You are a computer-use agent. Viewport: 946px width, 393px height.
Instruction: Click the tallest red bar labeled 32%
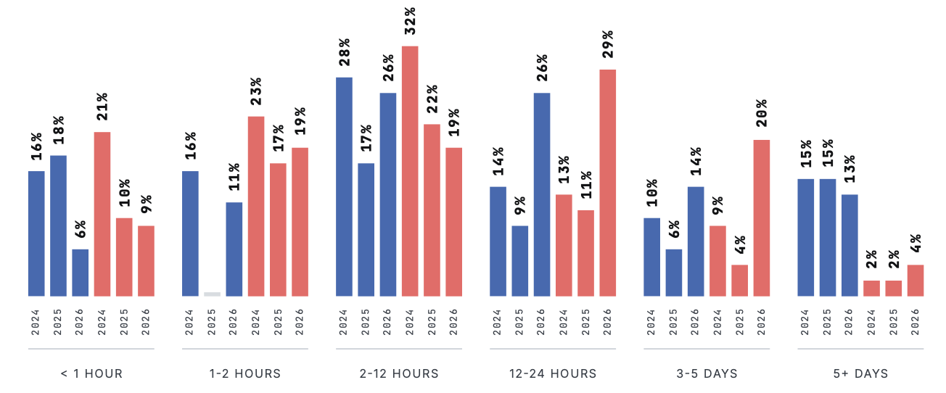pyautogui.click(x=410, y=171)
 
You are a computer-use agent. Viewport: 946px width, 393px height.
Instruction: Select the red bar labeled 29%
pyautogui.click(x=608, y=183)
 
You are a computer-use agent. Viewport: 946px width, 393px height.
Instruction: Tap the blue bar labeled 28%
pyautogui.click(x=344, y=186)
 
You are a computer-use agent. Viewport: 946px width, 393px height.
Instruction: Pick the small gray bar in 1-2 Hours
pyautogui.click(x=212, y=294)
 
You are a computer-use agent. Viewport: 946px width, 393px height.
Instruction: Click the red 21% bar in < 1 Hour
pyautogui.click(x=102, y=214)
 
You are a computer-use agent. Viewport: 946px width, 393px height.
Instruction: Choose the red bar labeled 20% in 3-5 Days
pyautogui.click(x=762, y=218)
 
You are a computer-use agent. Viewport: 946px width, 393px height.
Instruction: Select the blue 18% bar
pyautogui.click(x=58, y=226)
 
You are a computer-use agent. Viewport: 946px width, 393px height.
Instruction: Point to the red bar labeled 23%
pyautogui.click(x=256, y=207)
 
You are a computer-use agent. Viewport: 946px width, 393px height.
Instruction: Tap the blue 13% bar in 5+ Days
pyautogui.click(x=850, y=245)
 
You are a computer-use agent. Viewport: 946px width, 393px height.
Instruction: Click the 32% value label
pyautogui.click(x=410, y=21)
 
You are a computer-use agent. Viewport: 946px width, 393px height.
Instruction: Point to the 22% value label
pyautogui.click(x=432, y=99)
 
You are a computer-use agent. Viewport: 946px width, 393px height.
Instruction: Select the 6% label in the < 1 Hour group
pyautogui.click(x=81, y=229)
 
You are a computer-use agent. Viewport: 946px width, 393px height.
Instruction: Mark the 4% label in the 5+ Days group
pyautogui.click(x=916, y=243)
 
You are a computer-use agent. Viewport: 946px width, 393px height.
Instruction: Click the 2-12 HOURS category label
pyautogui.click(x=399, y=373)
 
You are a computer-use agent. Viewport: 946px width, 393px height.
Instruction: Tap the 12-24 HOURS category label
pyautogui.click(x=553, y=373)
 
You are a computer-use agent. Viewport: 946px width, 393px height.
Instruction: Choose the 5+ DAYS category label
pyautogui.click(x=860, y=373)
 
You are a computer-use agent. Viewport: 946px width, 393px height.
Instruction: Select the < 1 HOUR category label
pyautogui.click(x=91, y=373)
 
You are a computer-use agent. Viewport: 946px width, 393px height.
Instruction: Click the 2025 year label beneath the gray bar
pyautogui.click(x=212, y=322)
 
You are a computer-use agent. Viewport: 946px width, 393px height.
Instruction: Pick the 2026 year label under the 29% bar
pyautogui.click(x=608, y=322)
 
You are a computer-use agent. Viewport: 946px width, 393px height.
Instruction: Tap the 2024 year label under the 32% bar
pyautogui.click(x=410, y=322)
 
